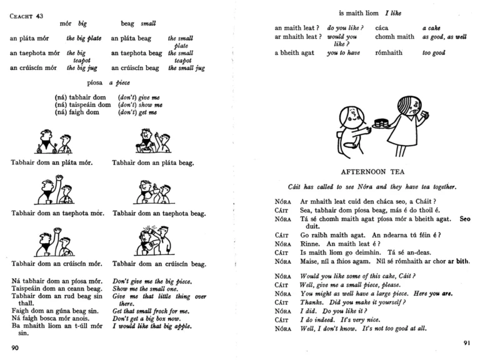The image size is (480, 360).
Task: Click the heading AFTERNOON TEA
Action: pyautogui.click(x=366, y=171)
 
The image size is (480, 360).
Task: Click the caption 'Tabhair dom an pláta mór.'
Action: pyautogui.click(x=52, y=164)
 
